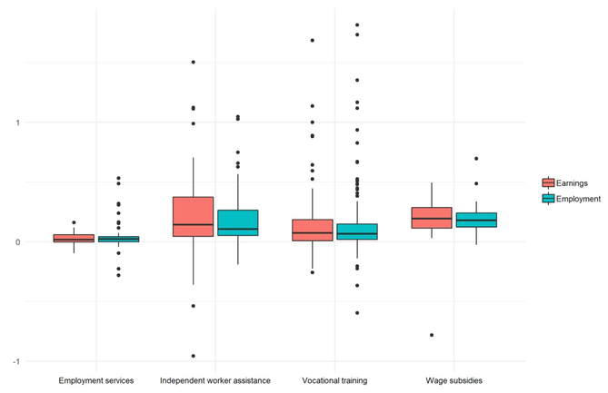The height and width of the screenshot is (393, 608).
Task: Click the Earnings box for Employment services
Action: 74,239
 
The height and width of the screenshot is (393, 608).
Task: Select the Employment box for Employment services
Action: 118,240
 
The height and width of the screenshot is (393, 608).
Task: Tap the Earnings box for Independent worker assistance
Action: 193,217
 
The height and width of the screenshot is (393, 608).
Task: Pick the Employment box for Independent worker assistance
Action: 237,222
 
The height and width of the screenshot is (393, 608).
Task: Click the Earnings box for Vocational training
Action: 313,230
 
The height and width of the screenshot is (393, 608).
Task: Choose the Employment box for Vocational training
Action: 357,231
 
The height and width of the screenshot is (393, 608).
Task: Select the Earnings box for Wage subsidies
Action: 432,218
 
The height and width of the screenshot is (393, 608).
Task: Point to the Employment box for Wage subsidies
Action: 476,220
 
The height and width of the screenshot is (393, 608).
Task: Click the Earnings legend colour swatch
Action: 549,182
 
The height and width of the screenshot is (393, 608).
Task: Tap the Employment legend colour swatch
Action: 549,199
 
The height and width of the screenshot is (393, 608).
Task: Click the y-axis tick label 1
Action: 16,123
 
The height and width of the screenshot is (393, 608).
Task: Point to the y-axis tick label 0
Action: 16,242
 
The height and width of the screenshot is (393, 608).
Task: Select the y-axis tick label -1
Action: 15,361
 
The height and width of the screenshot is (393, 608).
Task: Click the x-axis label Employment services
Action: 96,380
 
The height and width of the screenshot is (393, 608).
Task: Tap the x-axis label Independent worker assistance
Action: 215,380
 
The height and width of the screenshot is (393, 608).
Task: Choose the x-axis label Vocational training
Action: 334,380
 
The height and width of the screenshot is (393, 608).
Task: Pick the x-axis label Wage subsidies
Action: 454,380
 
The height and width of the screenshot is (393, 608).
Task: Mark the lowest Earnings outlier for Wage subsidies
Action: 432,335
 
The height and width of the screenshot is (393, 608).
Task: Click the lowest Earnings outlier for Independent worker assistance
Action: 193,356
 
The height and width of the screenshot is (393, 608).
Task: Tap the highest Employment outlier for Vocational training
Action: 357,25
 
